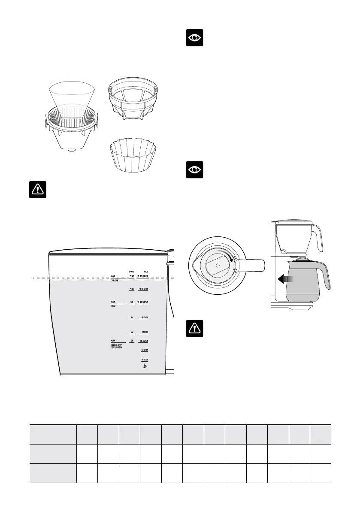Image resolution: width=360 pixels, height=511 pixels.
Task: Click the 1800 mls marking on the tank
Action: click(x=143, y=276)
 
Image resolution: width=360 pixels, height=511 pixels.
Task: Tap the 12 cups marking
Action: click(x=132, y=276)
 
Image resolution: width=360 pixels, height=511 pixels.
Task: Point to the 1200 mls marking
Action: click(x=143, y=302)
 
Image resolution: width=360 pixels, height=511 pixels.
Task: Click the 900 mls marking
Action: click(x=144, y=317)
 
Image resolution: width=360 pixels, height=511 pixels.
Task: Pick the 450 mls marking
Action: click(x=143, y=341)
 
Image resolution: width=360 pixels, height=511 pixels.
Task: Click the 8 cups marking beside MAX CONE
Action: click(x=132, y=302)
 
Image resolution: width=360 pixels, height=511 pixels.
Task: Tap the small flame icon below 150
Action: click(x=145, y=367)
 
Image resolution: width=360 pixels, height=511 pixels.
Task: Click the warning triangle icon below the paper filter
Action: click(x=37, y=190)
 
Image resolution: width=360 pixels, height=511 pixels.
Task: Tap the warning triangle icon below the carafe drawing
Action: click(x=195, y=328)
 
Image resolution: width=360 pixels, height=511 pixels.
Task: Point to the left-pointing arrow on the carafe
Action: click(x=284, y=280)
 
